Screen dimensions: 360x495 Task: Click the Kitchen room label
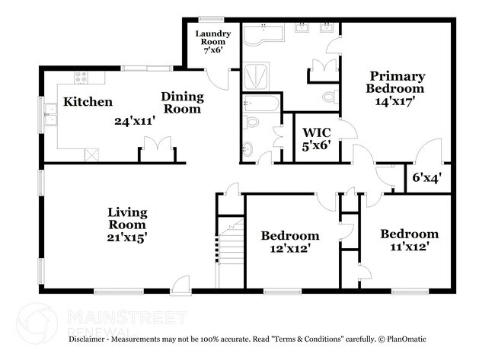(88, 102)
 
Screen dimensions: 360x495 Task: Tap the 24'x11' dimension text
(134, 120)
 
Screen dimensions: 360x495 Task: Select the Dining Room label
(182, 102)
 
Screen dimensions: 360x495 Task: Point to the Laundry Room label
(213, 39)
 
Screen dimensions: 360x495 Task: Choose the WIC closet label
(317, 139)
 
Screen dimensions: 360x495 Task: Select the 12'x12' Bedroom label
(289, 241)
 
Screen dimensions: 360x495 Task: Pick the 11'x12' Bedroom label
(409, 240)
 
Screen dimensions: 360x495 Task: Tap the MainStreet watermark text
(126, 317)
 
